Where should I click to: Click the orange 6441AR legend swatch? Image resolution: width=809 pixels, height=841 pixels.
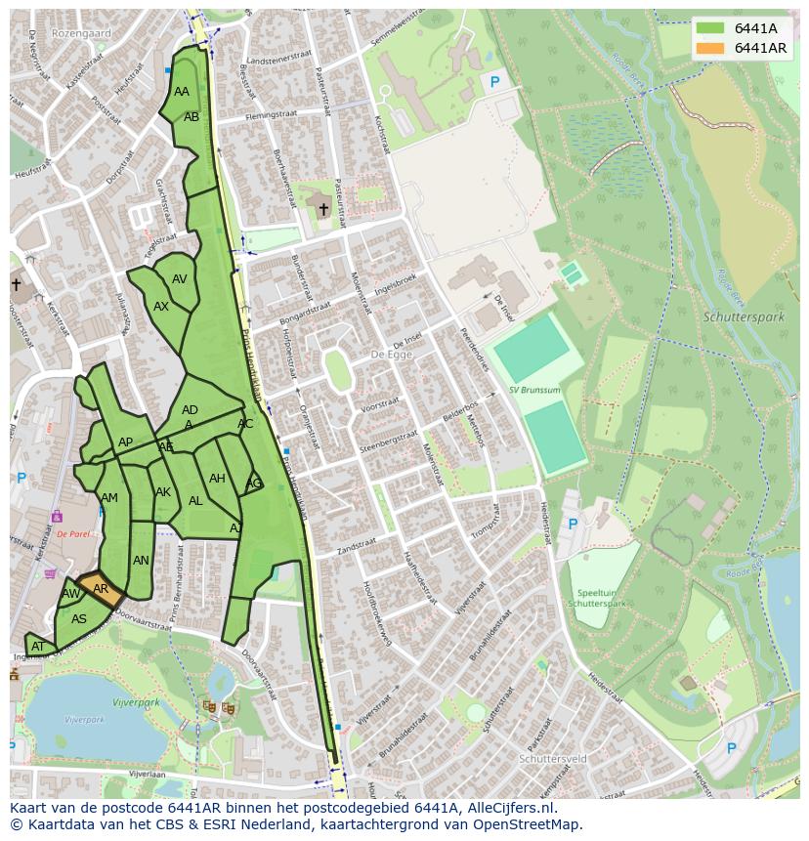711,48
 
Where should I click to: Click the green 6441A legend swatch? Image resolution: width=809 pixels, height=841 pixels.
711,28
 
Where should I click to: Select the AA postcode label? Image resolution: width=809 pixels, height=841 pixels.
182,92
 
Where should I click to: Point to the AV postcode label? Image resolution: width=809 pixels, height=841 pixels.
180,279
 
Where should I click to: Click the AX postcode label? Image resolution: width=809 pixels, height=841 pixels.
161,307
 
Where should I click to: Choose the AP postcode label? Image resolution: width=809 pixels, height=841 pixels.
125,442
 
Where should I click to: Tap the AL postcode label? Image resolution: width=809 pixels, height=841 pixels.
195,501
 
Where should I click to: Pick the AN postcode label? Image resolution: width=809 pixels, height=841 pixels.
141,561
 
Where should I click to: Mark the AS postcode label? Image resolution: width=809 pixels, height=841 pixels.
79,619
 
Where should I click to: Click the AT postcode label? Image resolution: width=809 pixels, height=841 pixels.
38,647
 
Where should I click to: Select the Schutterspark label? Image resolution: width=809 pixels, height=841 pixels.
744,317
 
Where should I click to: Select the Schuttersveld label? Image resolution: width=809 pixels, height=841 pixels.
553,758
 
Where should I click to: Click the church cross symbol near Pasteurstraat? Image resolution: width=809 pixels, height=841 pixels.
323,209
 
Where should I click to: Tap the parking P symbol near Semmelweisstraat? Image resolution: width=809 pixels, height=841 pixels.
494,83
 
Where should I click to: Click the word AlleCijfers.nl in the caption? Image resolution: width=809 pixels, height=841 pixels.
509,808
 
